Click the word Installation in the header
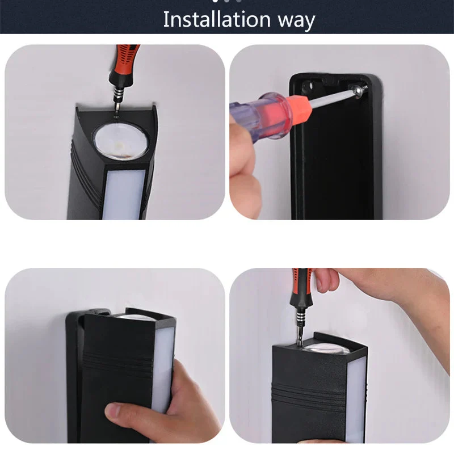(217, 19)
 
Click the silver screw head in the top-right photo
(360, 89)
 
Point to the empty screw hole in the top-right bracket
(309, 86)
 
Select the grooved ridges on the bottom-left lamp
(118, 364)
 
